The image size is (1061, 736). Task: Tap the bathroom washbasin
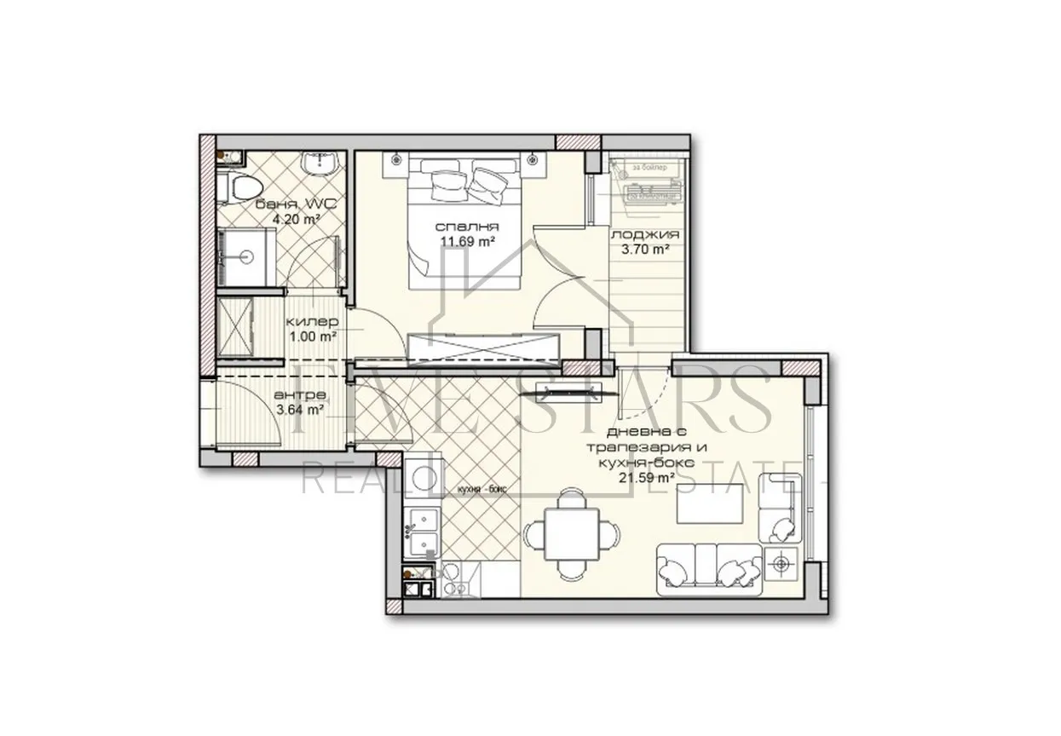point(323,164)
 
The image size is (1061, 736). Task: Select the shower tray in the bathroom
point(246,256)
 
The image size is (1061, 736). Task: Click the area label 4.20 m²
point(296,219)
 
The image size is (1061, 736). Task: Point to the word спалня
point(466,227)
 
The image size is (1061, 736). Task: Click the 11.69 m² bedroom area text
point(468,241)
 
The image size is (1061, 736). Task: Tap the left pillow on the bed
point(444,181)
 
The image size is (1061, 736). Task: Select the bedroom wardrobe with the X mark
point(483,348)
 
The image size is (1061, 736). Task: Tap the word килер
point(312,321)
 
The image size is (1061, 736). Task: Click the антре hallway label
point(298,395)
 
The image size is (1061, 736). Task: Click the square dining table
point(569,534)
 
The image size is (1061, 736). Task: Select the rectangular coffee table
point(709,504)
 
